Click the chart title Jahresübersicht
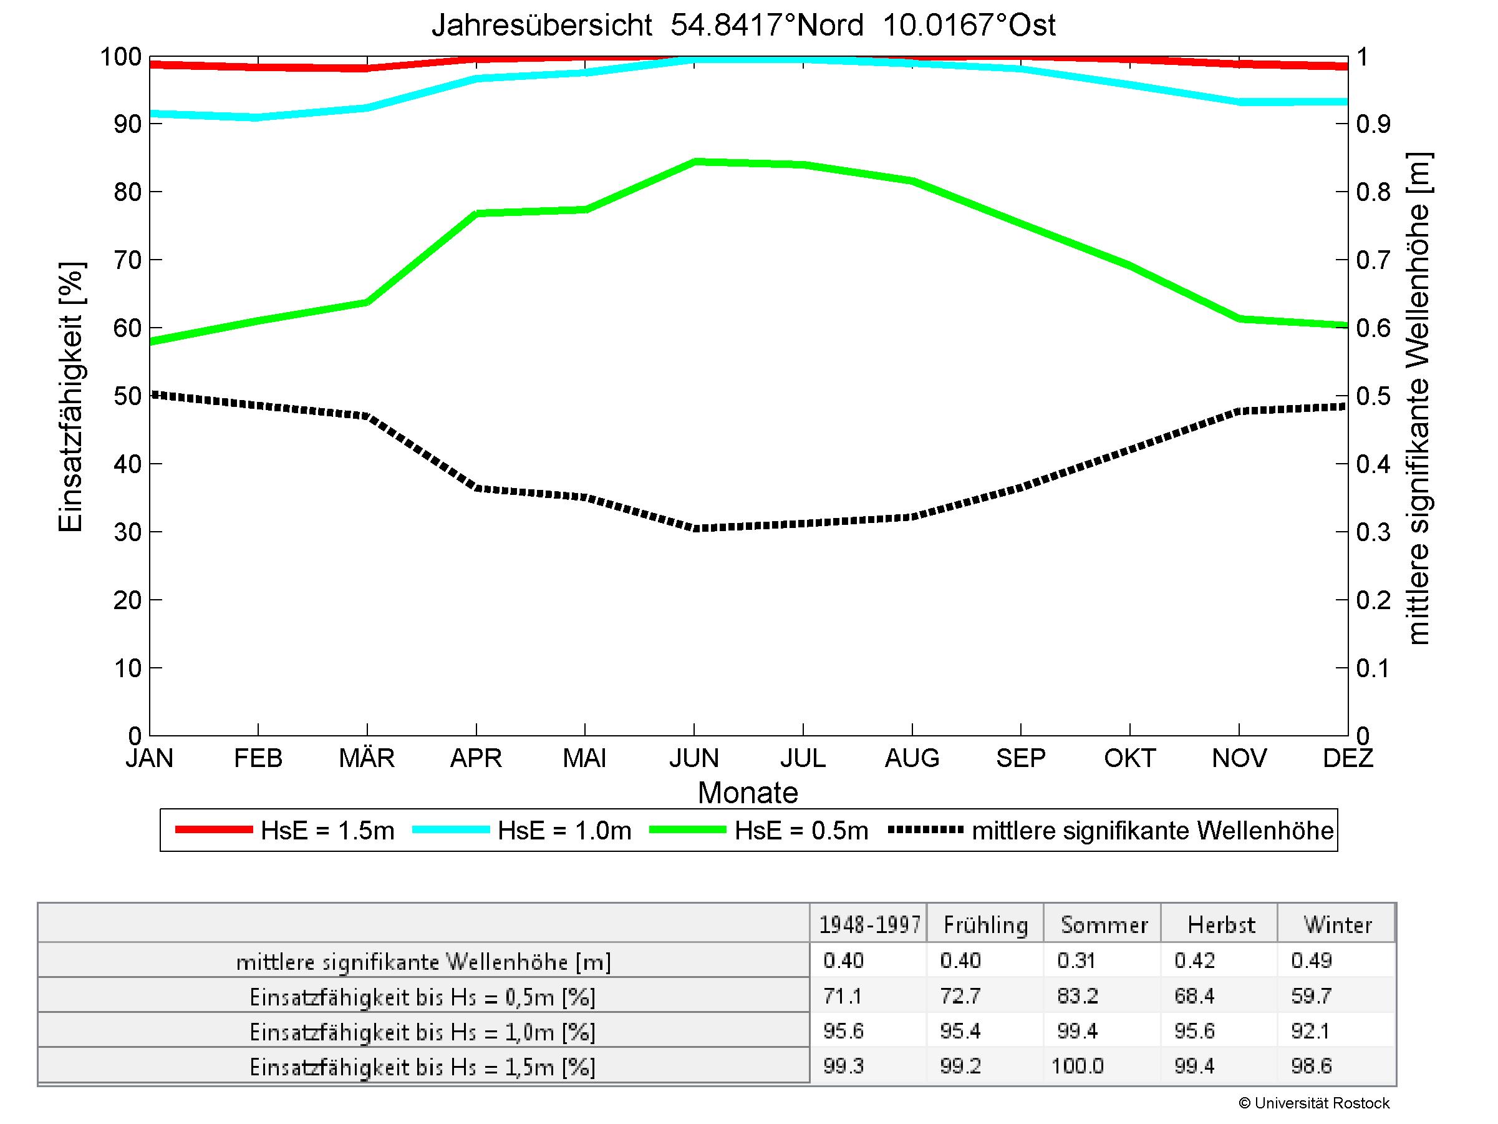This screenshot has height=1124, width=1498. [743, 26]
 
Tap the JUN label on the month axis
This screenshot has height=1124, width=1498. [693, 758]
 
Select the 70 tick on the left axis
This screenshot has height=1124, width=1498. [127, 260]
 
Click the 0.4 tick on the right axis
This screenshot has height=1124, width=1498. [1373, 464]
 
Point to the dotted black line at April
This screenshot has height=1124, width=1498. [476, 488]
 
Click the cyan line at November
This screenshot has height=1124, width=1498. [1239, 102]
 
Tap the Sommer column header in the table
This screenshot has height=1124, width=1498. [1104, 925]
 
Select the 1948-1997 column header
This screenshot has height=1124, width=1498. [869, 925]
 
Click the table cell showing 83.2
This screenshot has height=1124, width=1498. [1077, 996]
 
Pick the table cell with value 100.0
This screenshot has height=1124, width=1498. [1077, 1067]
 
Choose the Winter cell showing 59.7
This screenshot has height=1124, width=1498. [1311, 996]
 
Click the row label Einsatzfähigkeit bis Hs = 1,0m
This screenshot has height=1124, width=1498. [423, 1032]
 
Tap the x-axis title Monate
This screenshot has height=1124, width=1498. [748, 793]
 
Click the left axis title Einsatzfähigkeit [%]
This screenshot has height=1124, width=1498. [70, 398]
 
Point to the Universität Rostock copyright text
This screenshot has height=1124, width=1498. [1314, 1103]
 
